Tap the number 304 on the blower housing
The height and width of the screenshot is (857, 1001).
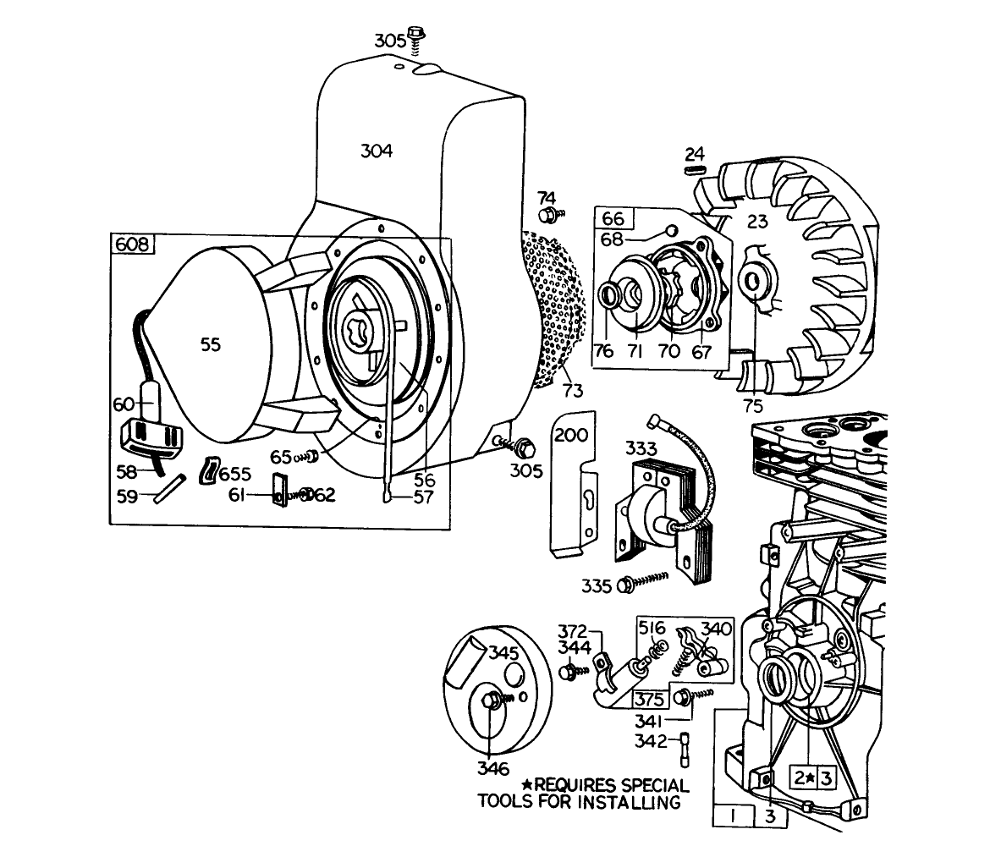point(376,151)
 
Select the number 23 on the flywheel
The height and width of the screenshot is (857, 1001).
point(756,222)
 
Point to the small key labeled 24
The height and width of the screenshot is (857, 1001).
point(694,169)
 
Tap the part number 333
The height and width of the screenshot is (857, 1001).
point(641,446)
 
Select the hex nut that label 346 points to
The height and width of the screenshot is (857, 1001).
point(490,701)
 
